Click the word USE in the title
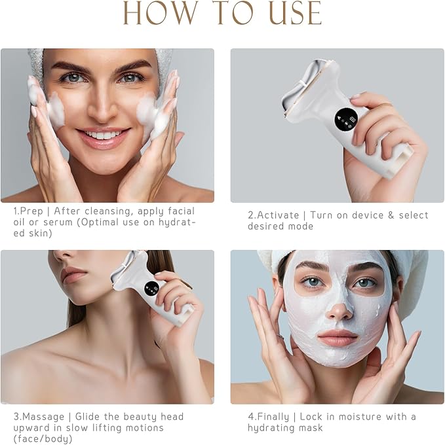(x=288, y=13)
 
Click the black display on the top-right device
(x=341, y=118)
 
